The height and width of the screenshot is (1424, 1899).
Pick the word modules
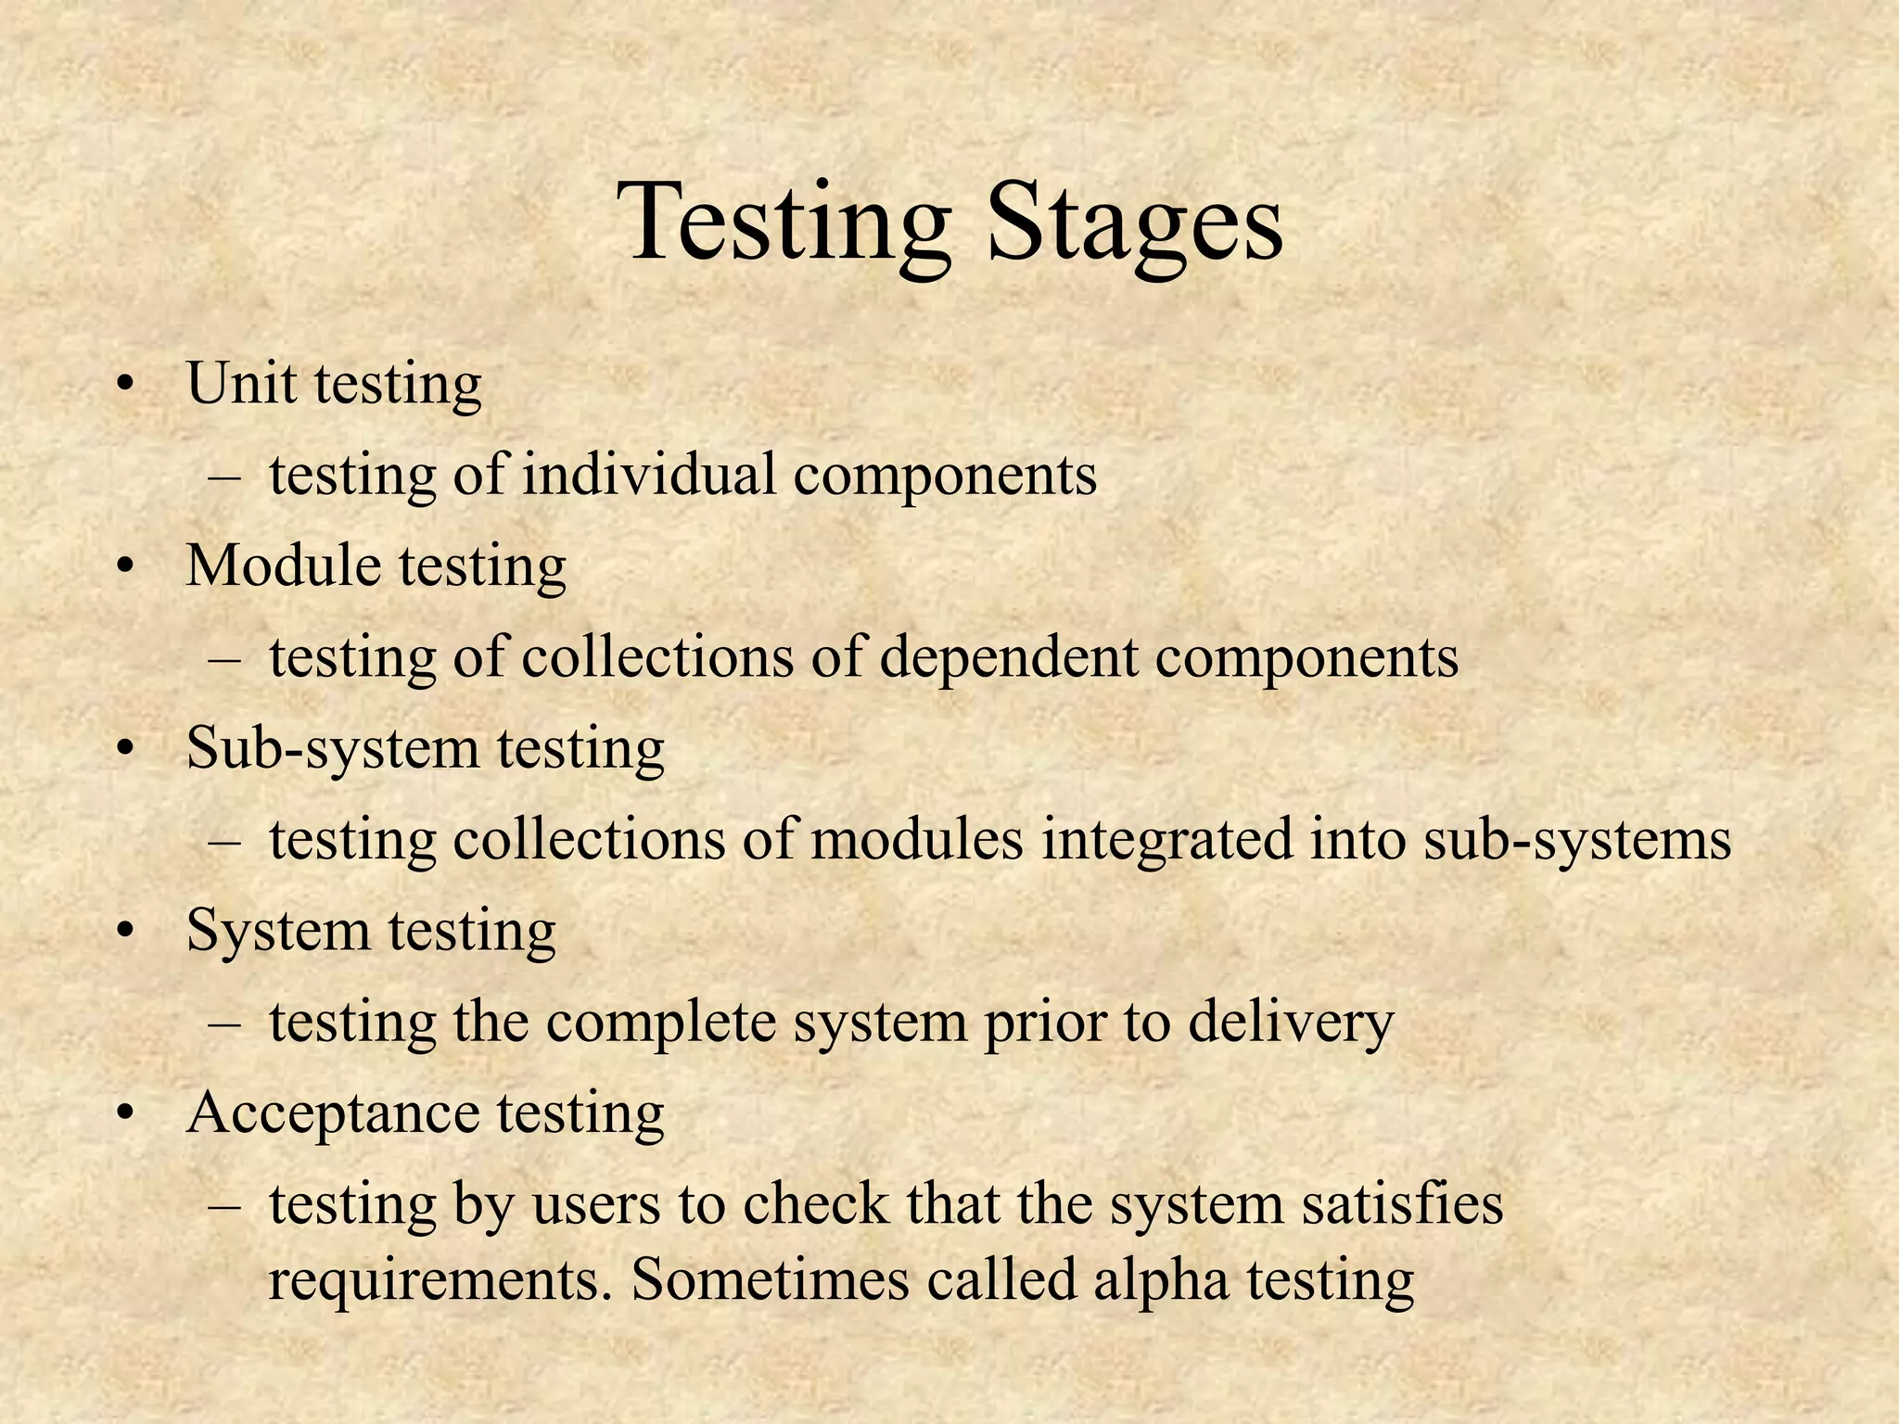(918, 839)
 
